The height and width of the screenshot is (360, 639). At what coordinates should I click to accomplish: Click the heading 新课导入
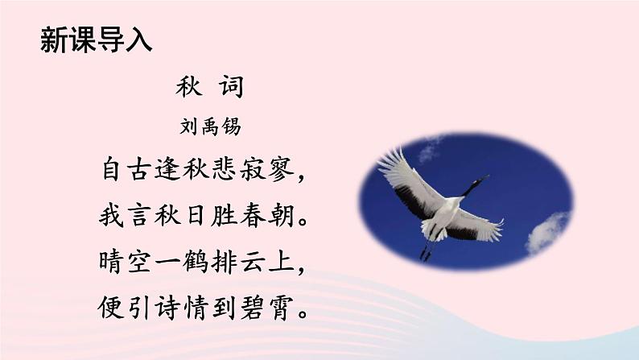(x=95, y=40)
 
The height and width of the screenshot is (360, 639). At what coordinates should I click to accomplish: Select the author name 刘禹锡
(x=208, y=126)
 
